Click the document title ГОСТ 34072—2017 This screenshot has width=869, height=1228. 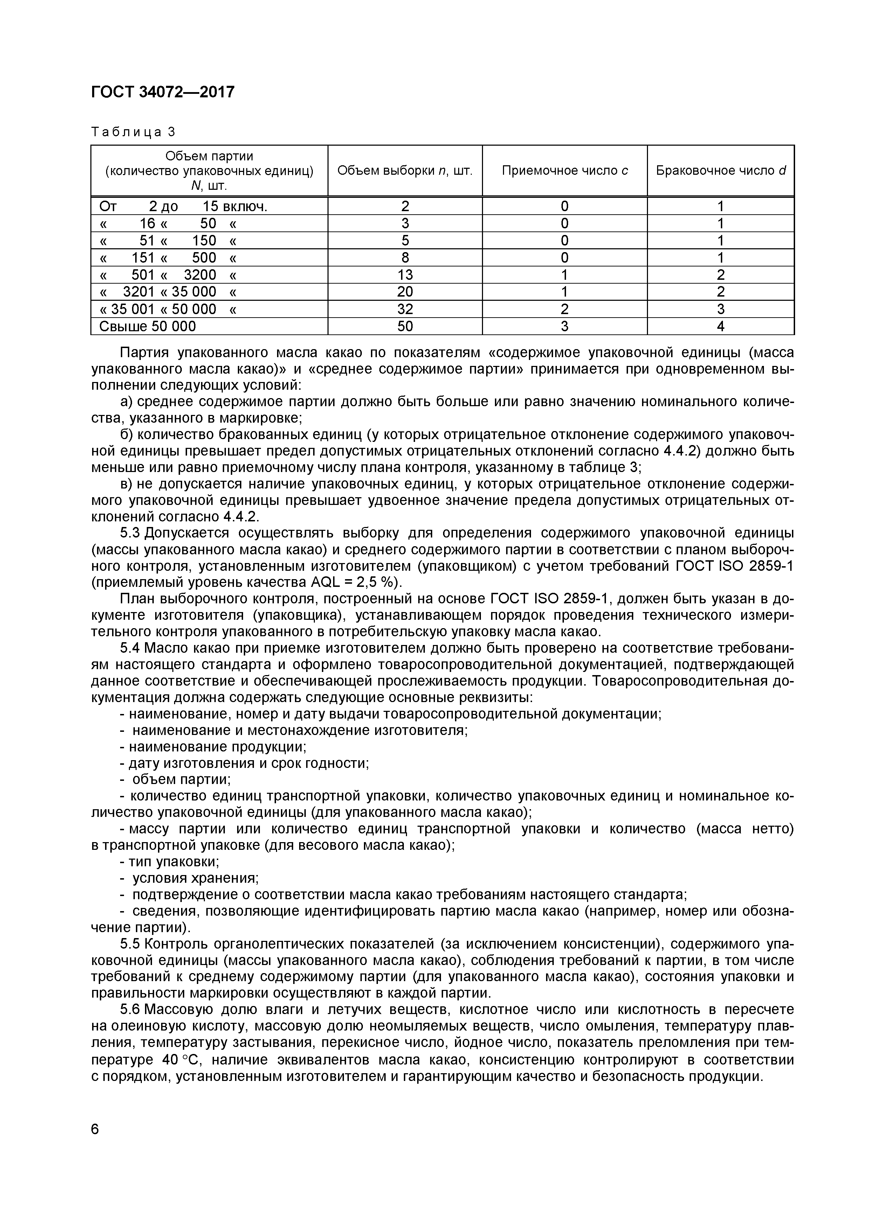[x=163, y=92]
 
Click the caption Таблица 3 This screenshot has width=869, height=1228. [x=133, y=132]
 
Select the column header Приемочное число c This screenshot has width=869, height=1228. [x=565, y=171]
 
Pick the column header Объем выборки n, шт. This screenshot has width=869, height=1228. [x=405, y=171]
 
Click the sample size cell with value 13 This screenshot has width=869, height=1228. [x=405, y=275]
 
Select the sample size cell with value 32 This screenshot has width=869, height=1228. [x=405, y=309]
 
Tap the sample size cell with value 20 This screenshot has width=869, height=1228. [x=405, y=292]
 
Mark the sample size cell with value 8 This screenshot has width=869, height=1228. [x=405, y=258]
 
